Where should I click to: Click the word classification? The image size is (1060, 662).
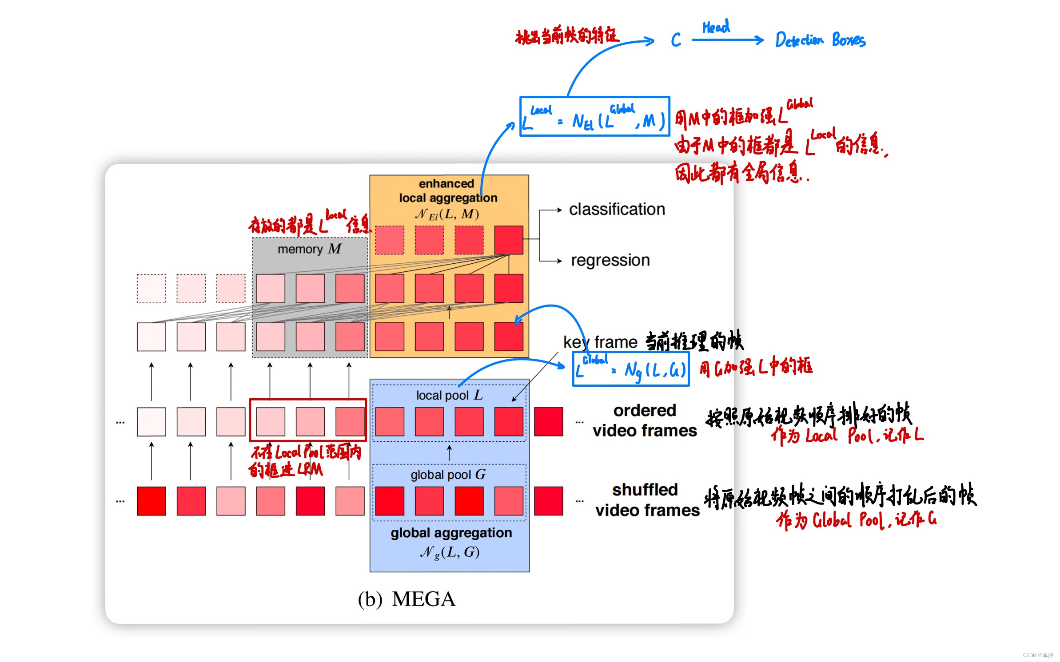coord(617,209)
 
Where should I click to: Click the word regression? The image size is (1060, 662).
coord(610,260)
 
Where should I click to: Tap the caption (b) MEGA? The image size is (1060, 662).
coord(406,599)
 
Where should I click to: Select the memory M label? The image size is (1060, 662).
coord(309,249)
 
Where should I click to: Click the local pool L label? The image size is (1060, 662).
coord(449,395)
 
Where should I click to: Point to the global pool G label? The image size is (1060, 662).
coord(448,475)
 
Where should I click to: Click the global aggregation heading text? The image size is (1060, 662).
coord(451,533)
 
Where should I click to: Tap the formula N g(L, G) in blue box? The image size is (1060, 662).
coord(450,552)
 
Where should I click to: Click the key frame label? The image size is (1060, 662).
coord(600,342)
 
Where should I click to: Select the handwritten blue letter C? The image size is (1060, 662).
coord(675,40)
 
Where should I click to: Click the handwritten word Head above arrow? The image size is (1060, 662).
coord(716,27)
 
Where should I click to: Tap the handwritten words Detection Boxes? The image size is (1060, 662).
coord(820,40)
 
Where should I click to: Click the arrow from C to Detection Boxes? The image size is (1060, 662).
coord(727,40)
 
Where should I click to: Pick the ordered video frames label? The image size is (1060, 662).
coord(644,420)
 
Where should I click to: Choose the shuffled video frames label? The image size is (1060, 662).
coord(646,500)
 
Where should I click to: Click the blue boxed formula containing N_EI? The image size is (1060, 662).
coord(594,116)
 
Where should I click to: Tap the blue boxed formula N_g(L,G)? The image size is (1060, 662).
coord(630,369)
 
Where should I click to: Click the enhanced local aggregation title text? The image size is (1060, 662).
coord(447,190)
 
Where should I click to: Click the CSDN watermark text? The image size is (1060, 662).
coord(1038,655)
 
